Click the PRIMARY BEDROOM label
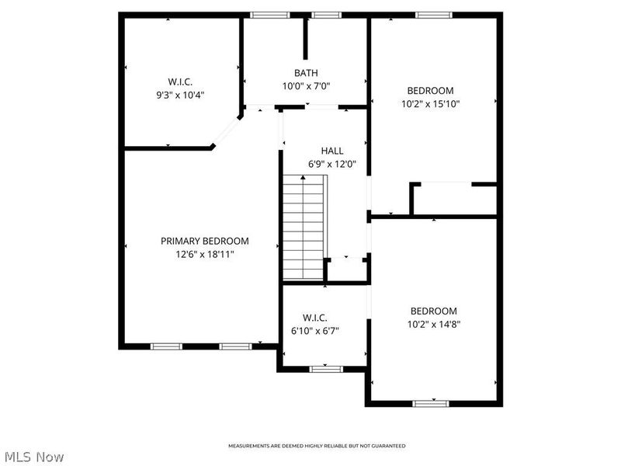click(205, 241)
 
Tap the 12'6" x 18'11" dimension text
click(205, 254)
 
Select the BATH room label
click(306, 73)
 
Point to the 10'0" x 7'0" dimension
click(306, 86)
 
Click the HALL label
click(332, 151)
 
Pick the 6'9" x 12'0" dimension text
click(332, 164)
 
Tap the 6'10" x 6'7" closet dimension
click(315, 331)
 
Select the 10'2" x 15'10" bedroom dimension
click(431, 103)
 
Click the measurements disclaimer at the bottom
click(316, 446)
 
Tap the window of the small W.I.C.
click(326, 367)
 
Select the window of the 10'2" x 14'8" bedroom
click(431, 403)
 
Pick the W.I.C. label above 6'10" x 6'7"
click(315, 318)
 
